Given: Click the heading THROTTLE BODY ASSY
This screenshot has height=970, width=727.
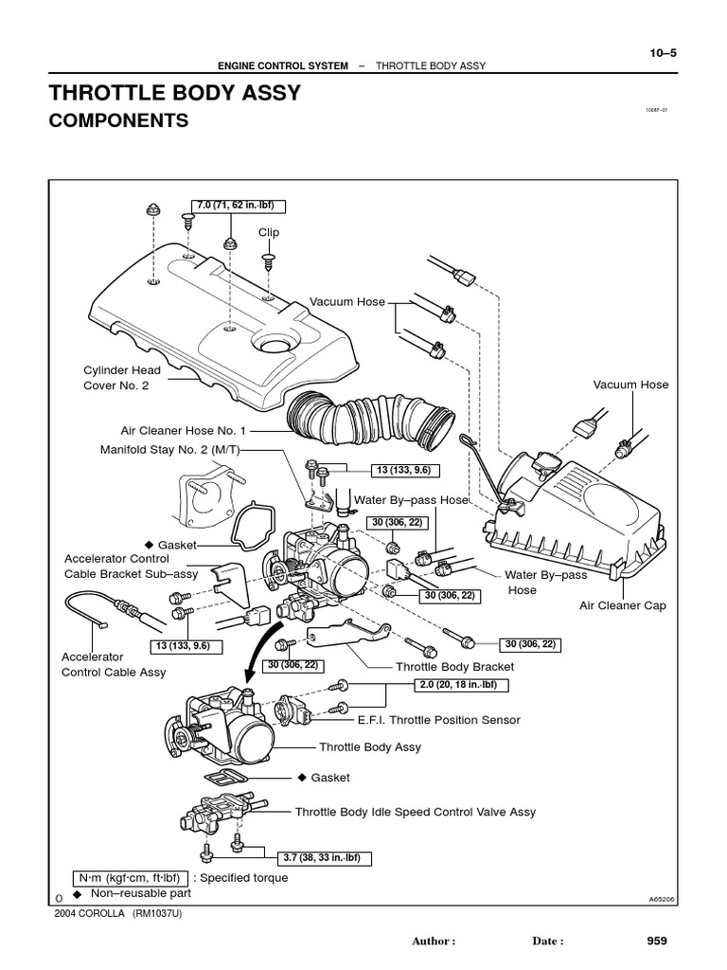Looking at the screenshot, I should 174,93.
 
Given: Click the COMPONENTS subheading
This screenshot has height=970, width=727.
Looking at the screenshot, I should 118,121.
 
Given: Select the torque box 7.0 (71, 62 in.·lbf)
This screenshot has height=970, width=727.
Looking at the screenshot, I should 239,206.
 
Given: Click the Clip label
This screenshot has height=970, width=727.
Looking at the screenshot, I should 269,232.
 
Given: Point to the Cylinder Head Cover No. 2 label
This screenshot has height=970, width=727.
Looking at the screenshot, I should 121,378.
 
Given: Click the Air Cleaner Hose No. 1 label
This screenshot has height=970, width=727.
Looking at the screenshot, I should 183,429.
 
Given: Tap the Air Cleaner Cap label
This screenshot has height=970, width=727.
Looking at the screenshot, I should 622,605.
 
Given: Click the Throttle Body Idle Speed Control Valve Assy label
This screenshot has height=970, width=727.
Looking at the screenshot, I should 415,812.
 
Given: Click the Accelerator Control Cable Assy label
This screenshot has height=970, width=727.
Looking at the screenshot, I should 113,664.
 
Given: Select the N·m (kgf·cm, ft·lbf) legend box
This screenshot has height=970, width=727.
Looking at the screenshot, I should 131,878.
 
